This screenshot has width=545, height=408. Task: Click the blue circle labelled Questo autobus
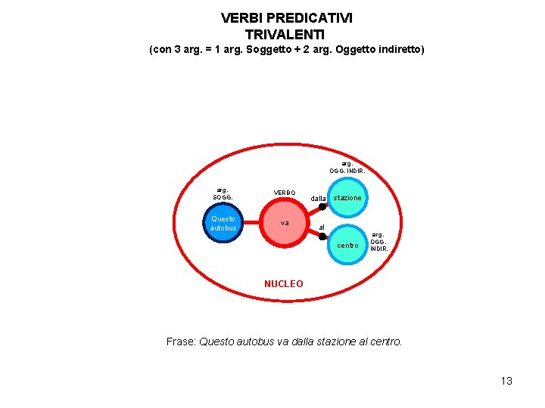pos(223,224)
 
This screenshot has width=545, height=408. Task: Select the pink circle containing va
pos(284,224)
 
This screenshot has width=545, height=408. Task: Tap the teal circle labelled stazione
pos(348,198)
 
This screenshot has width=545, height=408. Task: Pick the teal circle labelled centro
pos(348,245)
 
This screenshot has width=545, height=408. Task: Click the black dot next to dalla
pos(322,206)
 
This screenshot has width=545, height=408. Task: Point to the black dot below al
pos(322,236)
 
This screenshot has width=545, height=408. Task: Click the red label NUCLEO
pos(283,284)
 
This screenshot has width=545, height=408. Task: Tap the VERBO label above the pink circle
pos(285,193)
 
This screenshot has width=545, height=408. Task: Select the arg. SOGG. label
pos(223,194)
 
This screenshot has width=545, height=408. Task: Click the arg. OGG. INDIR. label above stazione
pos(347,167)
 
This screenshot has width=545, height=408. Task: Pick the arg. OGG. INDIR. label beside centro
pos(378,242)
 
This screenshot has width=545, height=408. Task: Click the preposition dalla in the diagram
pos(318,199)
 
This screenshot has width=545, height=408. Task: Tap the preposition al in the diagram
pos(322,227)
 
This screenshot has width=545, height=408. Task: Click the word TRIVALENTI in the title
pos(285,34)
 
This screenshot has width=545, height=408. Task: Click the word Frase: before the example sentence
pos(181,342)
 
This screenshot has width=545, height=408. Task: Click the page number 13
pos(506,381)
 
